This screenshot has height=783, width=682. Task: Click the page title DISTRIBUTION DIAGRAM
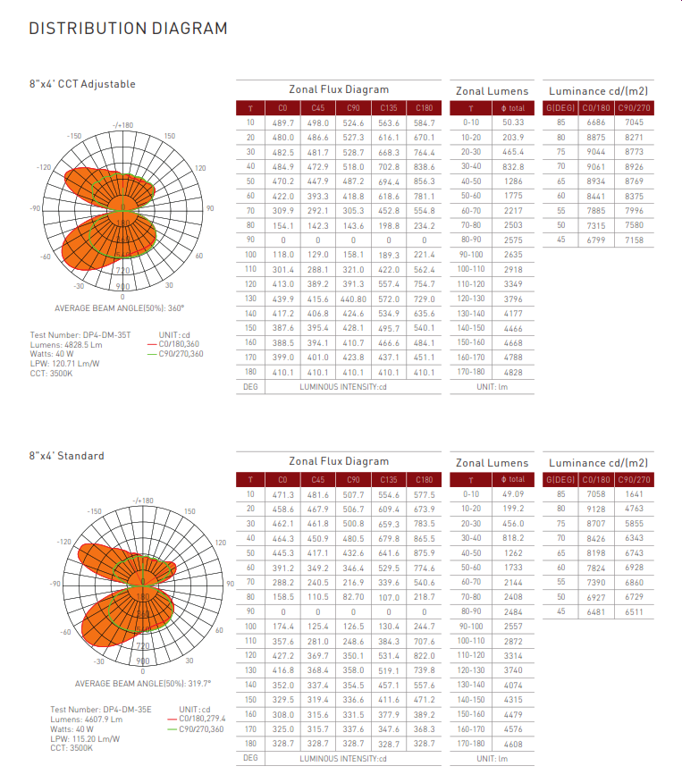click(x=128, y=29)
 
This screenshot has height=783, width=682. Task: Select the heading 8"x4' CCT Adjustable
click(x=82, y=84)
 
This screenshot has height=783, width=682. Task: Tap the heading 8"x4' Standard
click(x=66, y=456)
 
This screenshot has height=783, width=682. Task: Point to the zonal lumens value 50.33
click(x=513, y=122)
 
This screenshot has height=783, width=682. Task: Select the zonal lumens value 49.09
click(x=513, y=493)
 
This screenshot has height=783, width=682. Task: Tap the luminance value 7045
click(x=634, y=122)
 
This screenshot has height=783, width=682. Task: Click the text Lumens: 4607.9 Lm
click(x=87, y=719)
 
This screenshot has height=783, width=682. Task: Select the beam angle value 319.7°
click(x=168, y=683)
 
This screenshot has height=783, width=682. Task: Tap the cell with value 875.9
click(x=425, y=553)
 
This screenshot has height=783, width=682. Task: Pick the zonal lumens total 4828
click(x=513, y=371)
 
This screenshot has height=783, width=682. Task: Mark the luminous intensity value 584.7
click(x=425, y=122)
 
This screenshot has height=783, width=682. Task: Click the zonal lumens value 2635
click(x=513, y=254)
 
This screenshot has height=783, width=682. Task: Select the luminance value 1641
click(x=634, y=493)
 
